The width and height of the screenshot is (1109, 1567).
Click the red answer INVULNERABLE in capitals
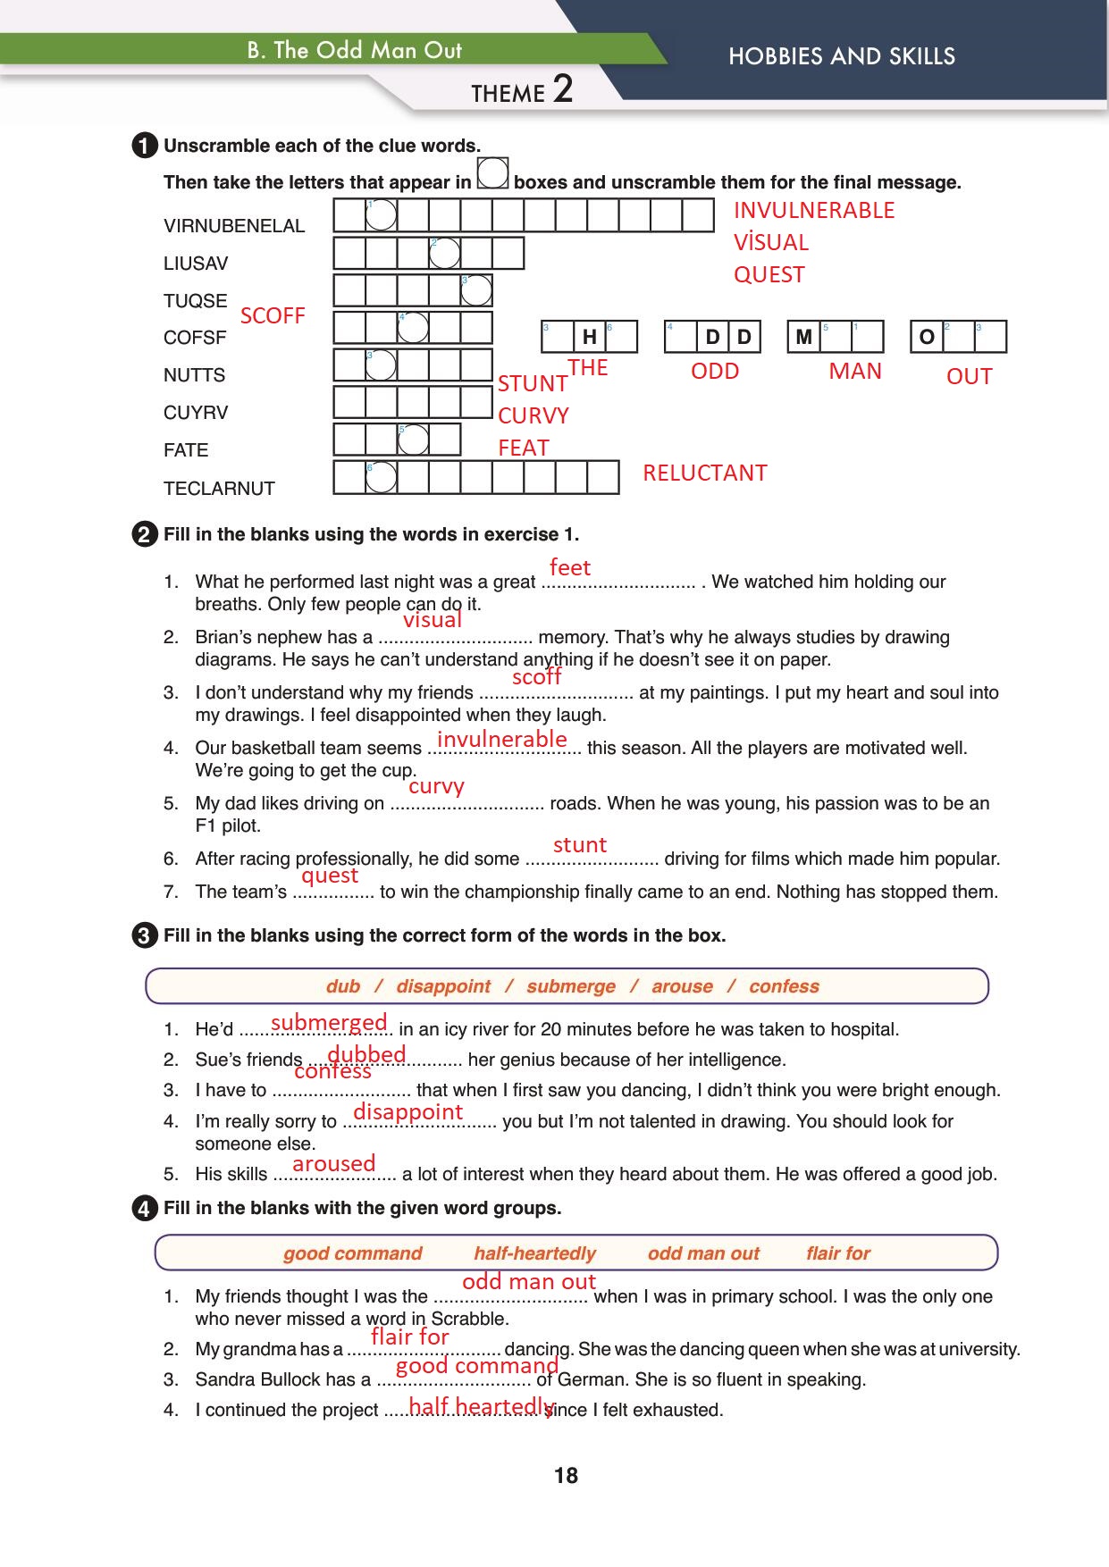[813, 211]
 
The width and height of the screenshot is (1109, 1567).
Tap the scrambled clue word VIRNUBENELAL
[234, 226]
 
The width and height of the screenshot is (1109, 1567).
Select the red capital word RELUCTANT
[704, 473]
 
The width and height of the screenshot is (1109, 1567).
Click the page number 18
[566, 1476]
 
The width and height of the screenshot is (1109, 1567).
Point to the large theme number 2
[562, 89]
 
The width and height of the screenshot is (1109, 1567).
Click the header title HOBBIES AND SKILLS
[841, 57]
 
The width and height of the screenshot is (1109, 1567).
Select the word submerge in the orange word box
[570, 986]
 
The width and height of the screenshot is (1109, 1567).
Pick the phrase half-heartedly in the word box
[534, 1253]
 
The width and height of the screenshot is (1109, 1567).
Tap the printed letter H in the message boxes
[589, 337]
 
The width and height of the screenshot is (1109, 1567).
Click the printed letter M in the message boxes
[803, 337]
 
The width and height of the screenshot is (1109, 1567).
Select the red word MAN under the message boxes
[854, 372]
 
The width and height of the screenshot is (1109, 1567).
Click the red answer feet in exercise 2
[570, 568]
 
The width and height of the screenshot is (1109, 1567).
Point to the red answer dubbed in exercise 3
[366, 1055]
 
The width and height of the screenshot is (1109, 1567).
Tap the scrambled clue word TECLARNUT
[219, 489]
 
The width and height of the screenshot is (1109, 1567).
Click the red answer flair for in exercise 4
[409, 1337]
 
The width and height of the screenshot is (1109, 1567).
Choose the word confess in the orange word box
[784, 986]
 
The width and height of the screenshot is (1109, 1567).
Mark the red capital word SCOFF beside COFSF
[273, 316]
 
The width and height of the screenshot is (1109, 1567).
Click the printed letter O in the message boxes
[927, 337]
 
